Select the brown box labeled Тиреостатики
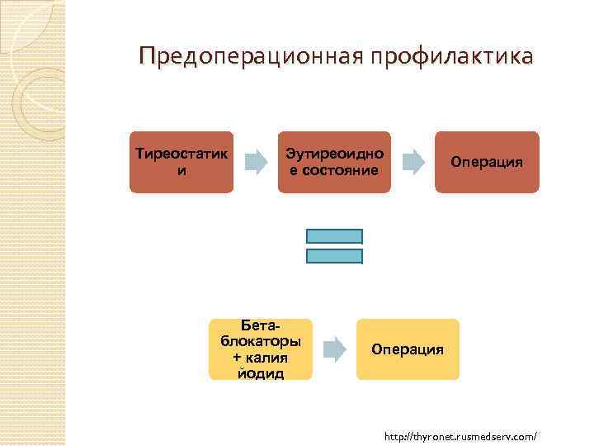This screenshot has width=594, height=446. (181, 162)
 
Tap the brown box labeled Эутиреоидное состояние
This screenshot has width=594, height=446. (334, 162)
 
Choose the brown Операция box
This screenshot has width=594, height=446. (487, 162)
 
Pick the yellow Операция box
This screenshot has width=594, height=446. (408, 349)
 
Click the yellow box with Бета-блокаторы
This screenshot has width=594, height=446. (261, 349)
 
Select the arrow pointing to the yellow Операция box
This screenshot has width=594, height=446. (334, 349)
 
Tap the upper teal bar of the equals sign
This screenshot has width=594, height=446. (334, 236)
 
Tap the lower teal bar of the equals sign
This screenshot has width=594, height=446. (334, 256)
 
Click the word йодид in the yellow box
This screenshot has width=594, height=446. (261, 373)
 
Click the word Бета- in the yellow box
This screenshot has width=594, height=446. (260, 327)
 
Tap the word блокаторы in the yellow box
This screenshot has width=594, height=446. (261, 342)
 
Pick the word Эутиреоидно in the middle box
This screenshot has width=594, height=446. (334, 154)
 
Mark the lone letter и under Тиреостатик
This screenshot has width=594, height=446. (181, 170)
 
